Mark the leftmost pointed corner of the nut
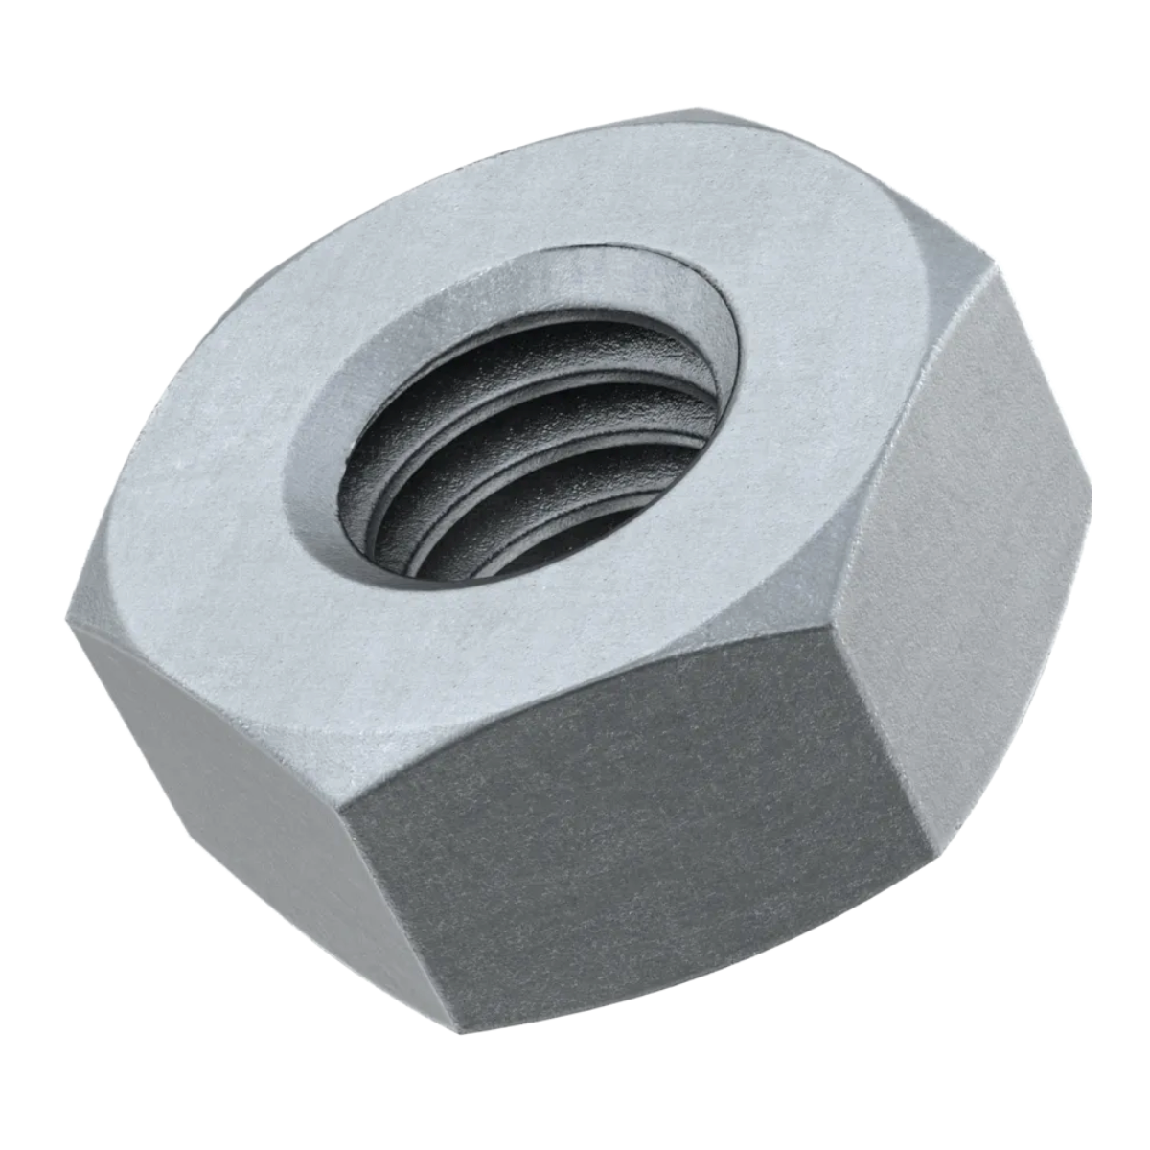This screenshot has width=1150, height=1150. point(69,613)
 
